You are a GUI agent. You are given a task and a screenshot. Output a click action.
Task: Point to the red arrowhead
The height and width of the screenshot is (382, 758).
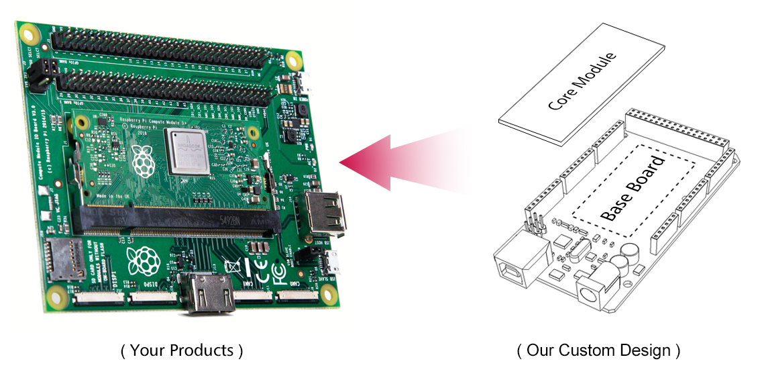point(366,162)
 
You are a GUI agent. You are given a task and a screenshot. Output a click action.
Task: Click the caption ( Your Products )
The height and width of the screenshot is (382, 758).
point(182,350)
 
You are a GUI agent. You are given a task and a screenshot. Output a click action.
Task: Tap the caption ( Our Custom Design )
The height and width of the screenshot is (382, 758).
point(598,350)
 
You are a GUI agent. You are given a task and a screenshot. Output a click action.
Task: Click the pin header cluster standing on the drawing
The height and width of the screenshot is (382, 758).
point(533,224)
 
